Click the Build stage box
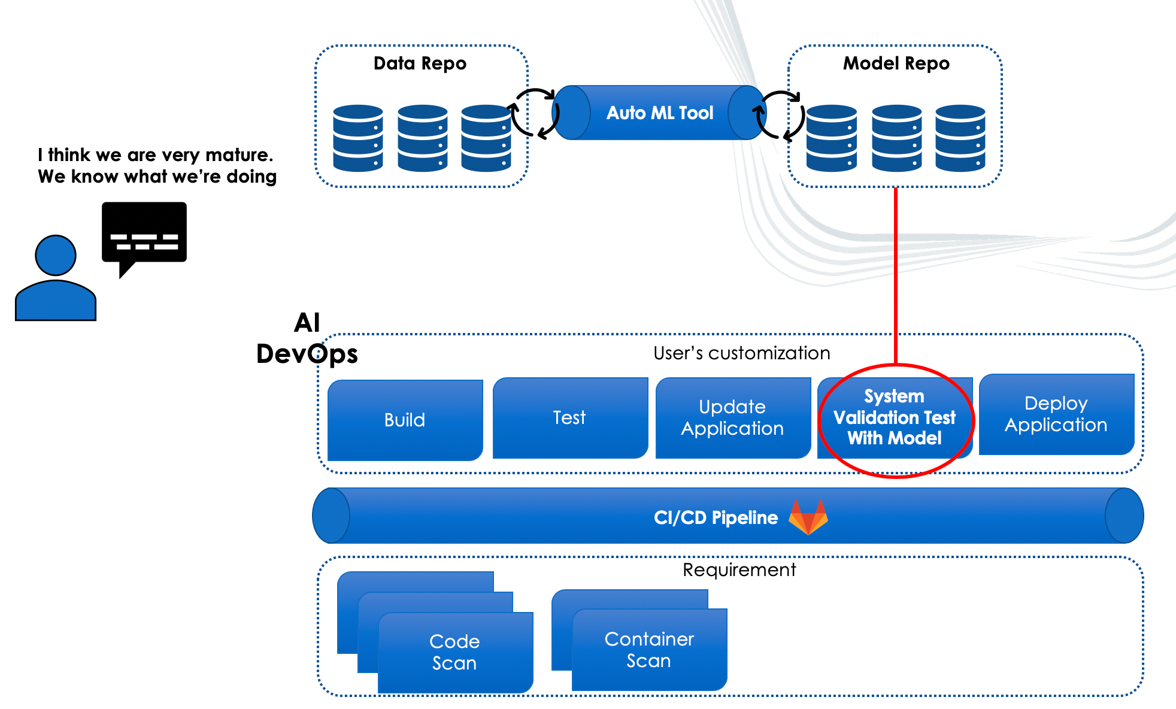[405, 420]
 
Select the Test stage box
[569, 417]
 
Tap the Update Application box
[732, 417]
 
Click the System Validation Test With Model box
[895, 417]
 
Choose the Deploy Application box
[1056, 414]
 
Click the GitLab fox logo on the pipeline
[808, 517]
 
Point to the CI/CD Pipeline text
[716, 517]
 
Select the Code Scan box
[454, 652]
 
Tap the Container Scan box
[649, 650]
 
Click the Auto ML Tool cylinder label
[659, 113]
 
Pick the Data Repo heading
[420, 63]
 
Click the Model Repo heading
[896, 63]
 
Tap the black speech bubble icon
[144, 234]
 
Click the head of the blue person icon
[56, 255]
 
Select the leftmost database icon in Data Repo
[357, 138]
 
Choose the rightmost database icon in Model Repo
[960, 138]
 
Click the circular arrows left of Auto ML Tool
[534, 114]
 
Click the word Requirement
[739, 569]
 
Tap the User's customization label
[741, 353]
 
